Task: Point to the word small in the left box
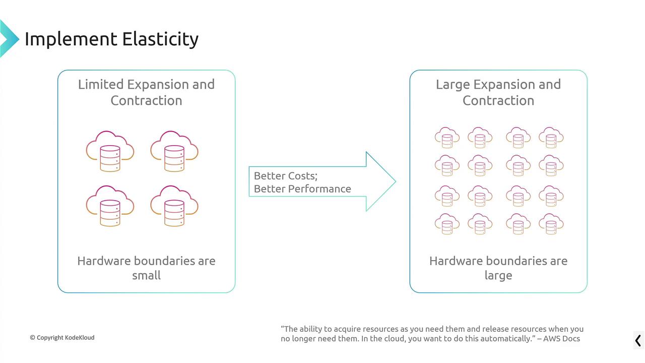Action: click(x=146, y=275)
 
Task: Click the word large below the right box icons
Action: click(x=498, y=275)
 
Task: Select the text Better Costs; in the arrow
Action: click(x=286, y=176)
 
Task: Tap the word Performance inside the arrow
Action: click(x=319, y=189)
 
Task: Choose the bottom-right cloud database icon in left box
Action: click(x=174, y=206)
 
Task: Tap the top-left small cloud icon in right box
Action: click(x=447, y=137)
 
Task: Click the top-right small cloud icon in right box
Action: click(x=551, y=137)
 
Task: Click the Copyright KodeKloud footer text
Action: click(x=62, y=337)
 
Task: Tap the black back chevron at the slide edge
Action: click(x=638, y=340)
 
